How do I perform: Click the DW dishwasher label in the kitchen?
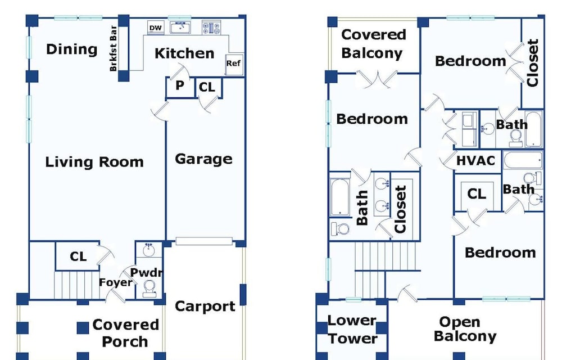click(x=156, y=28)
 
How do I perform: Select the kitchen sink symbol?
click(x=180, y=28)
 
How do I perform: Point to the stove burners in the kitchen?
click(x=211, y=28)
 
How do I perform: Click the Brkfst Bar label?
click(x=114, y=48)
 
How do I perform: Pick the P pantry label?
click(x=180, y=85)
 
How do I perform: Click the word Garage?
click(x=203, y=159)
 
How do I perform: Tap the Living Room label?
click(x=94, y=162)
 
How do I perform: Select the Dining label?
click(x=72, y=49)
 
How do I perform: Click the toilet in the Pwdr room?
click(x=149, y=289)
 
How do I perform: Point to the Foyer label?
click(x=115, y=282)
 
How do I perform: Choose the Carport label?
click(x=205, y=306)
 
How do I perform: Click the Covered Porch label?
click(x=125, y=333)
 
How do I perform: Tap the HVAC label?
click(x=475, y=161)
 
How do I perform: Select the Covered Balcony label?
click(x=374, y=44)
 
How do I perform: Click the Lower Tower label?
click(x=352, y=330)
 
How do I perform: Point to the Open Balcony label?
click(x=465, y=329)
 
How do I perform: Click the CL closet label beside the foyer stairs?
click(x=78, y=256)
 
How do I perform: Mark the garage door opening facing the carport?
click(x=204, y=241)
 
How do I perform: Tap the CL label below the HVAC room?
click(x=477, y=194)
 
